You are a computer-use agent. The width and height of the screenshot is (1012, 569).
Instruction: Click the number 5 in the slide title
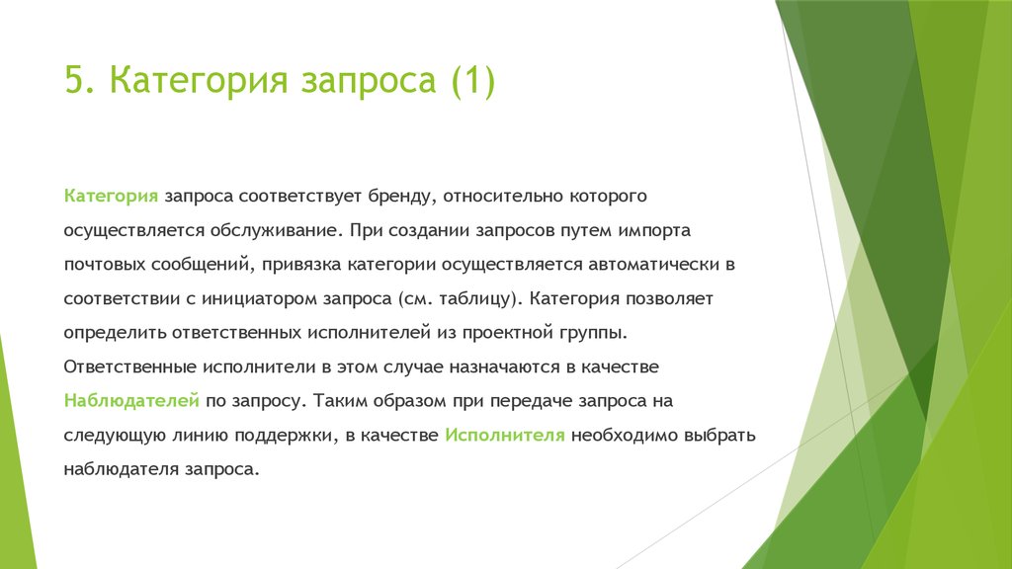pos(75,80)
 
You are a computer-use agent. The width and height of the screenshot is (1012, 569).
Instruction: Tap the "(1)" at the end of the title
pos(473,81)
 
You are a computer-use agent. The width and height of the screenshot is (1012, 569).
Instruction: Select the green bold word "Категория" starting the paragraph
pos(111,197)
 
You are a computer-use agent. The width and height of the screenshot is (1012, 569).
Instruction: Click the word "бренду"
pos(398,197)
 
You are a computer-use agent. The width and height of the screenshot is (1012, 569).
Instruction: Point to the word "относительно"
pos(503,196)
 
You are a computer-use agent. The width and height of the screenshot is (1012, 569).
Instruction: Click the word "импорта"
pos(654,231)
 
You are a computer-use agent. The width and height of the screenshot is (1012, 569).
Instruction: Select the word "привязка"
pos(301,265)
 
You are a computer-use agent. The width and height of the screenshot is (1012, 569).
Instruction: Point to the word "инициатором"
pos(260,299)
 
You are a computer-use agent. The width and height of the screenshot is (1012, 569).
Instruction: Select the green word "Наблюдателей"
pos(131,402)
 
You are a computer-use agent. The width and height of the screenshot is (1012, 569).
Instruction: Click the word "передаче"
pos(531,402)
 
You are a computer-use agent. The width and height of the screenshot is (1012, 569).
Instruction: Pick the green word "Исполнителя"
pos(505,436)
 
